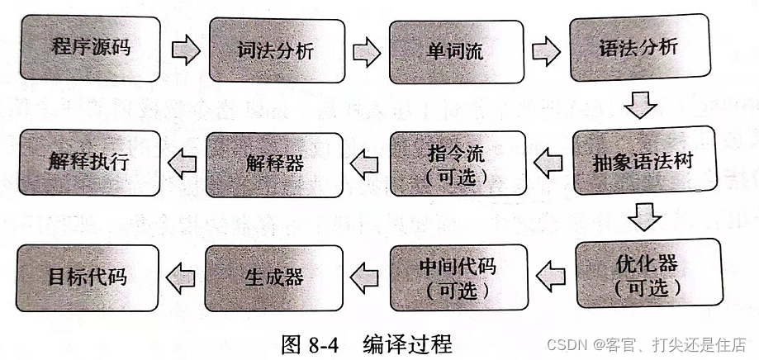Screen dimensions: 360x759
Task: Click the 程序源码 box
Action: click(x=91, y=47)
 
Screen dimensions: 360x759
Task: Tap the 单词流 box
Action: click(x=456, y=52)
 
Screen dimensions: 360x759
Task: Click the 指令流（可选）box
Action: click(x=457, y=163)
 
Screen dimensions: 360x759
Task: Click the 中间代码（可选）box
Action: click(x=458, y=277)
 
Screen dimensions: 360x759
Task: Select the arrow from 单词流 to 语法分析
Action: click(x=547, y=50)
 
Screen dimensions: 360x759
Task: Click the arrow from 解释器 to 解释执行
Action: click(x=183, y=163)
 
